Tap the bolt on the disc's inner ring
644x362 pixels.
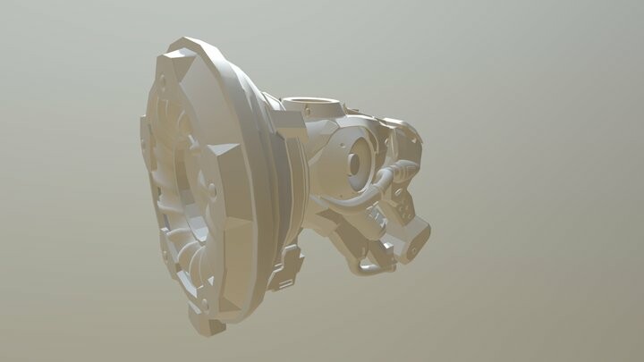click(212, 189)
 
